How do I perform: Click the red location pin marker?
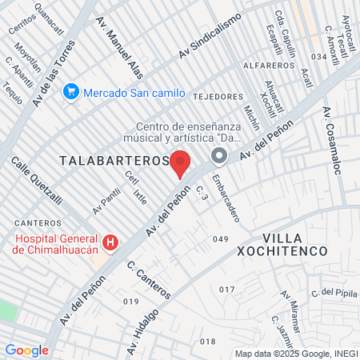coord(181,162)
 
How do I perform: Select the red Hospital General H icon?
coord(111,242)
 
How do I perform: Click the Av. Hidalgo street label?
coord(142,322)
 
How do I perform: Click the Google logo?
coord(26,350)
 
